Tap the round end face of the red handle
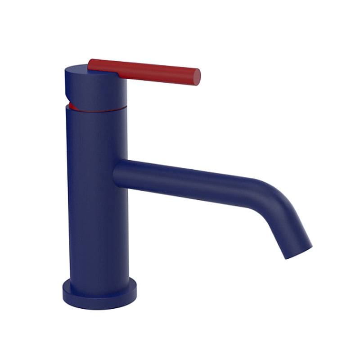(196, 77)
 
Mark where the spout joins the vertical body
(118, 173)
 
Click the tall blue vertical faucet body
(97, 193)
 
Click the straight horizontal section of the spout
(189, 180)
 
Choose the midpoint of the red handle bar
(144, 72)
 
